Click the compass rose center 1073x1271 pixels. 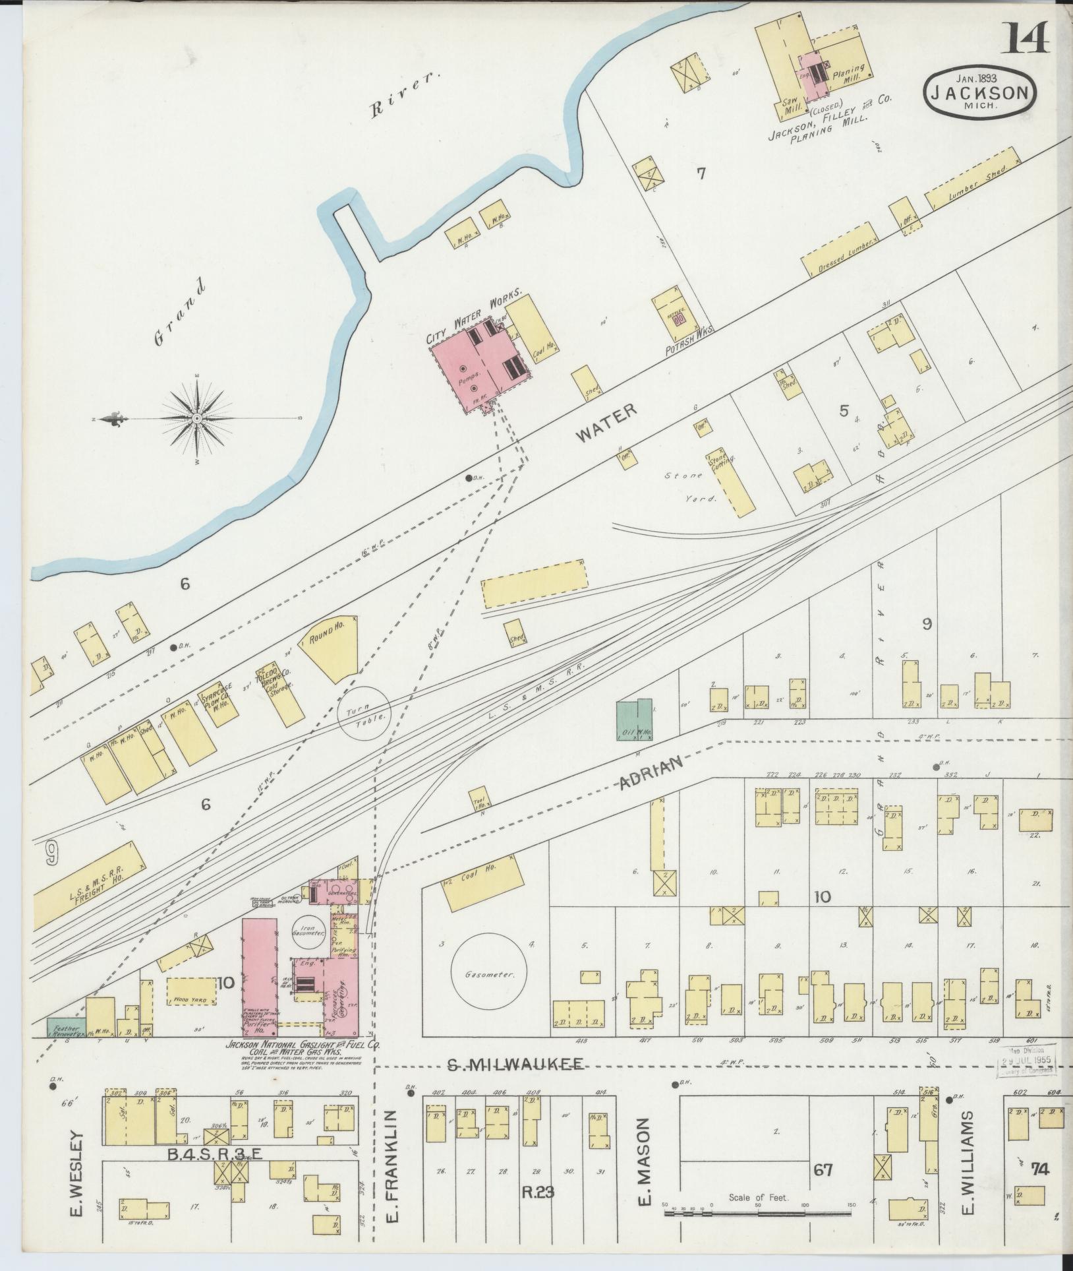click(x=197, y=419)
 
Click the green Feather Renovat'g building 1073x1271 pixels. click(x=65, y=1028)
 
